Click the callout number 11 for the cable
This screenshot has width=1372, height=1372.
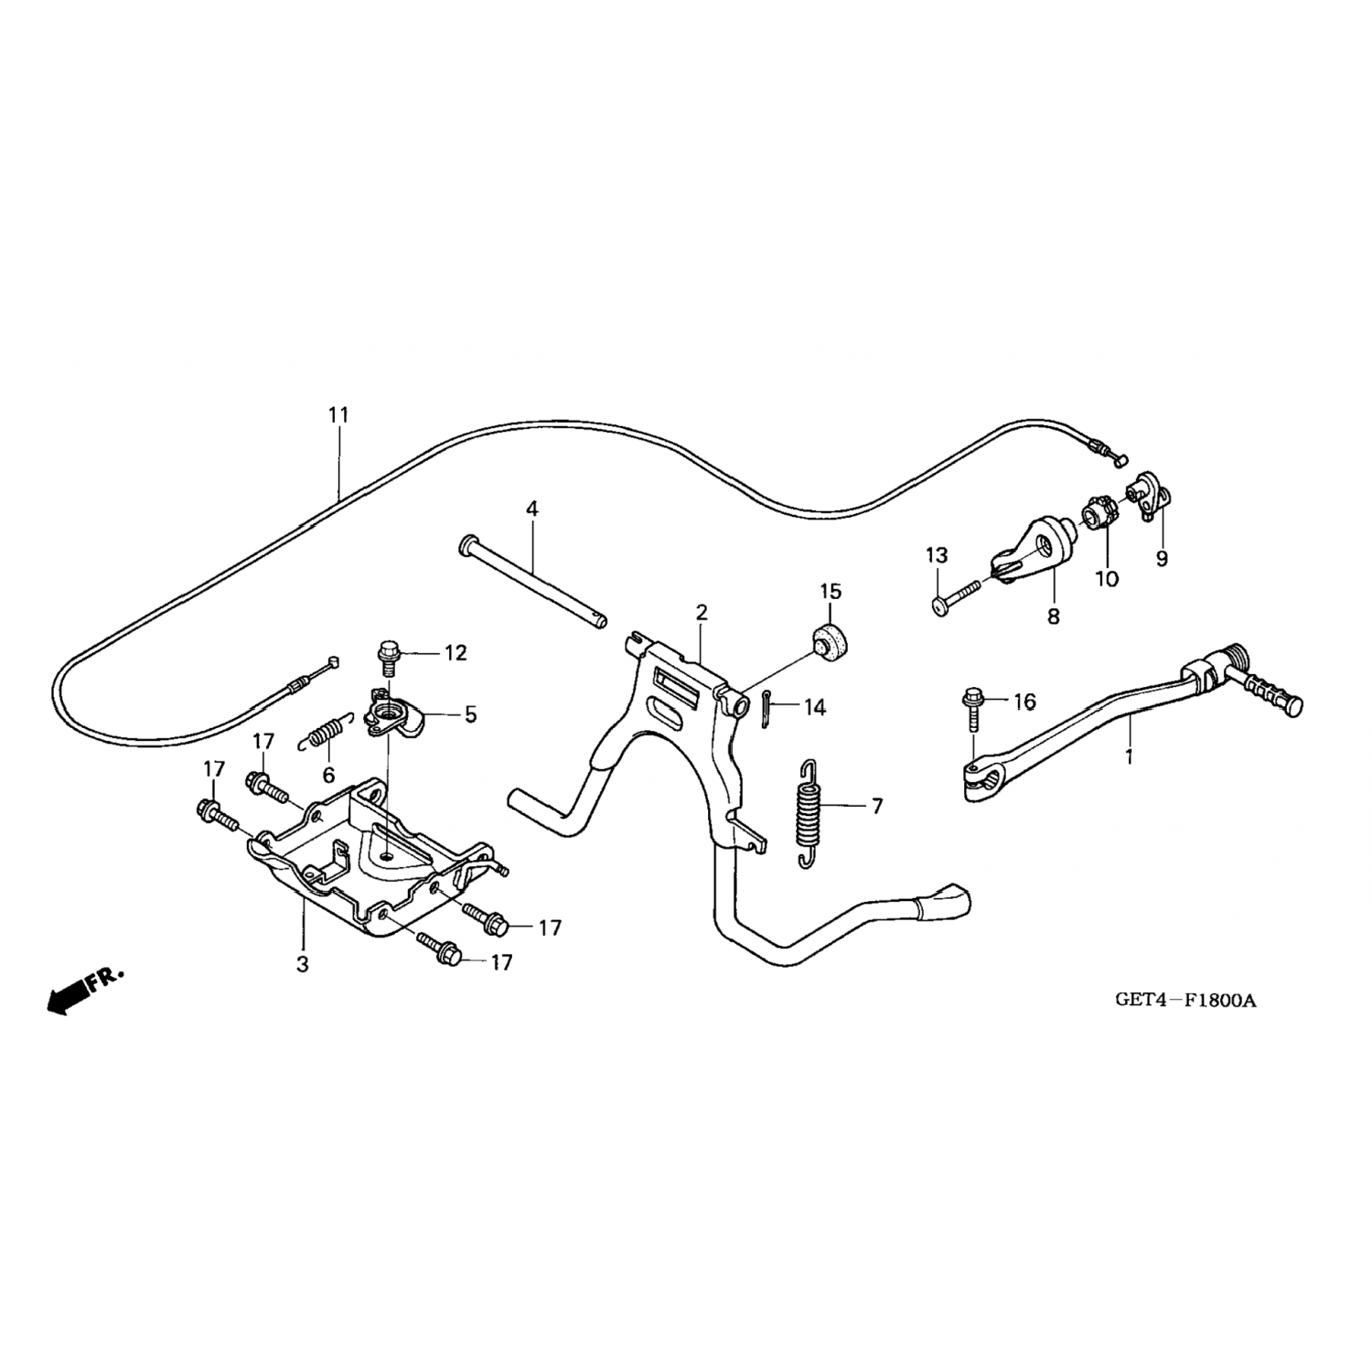pyautogui.click(x=338, y=415)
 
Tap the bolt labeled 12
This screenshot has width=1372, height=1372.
pyautogui.click(x=387, y=656)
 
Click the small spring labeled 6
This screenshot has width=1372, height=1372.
pyautogui.click(x=325, y=732)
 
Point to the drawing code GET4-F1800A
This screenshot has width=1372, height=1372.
pyautogui.click(x=1185, y=1000)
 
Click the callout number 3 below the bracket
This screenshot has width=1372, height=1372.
pyautogui.click(x=303, y=964)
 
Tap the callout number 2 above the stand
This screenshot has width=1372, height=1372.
pyautogui.click(x=702, y=612)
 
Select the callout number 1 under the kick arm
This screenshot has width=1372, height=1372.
pyautogui.click(x=1129, y=757)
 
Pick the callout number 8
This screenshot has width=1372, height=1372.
pyautogui.click(x=1054, y=616)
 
